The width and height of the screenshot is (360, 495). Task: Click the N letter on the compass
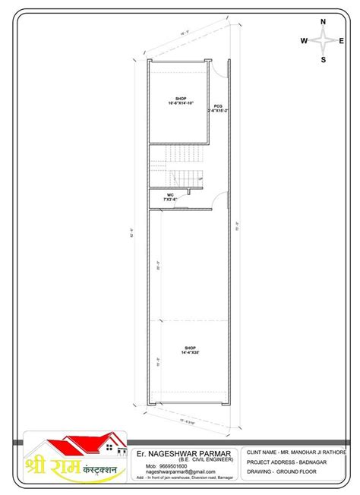(323, 23)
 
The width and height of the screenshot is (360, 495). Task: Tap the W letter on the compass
(304, 41)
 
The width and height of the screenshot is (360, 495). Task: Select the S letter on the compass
(323, 59)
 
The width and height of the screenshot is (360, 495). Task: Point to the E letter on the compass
(342, 41)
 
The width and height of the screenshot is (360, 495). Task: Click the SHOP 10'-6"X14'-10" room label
(181, 101)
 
